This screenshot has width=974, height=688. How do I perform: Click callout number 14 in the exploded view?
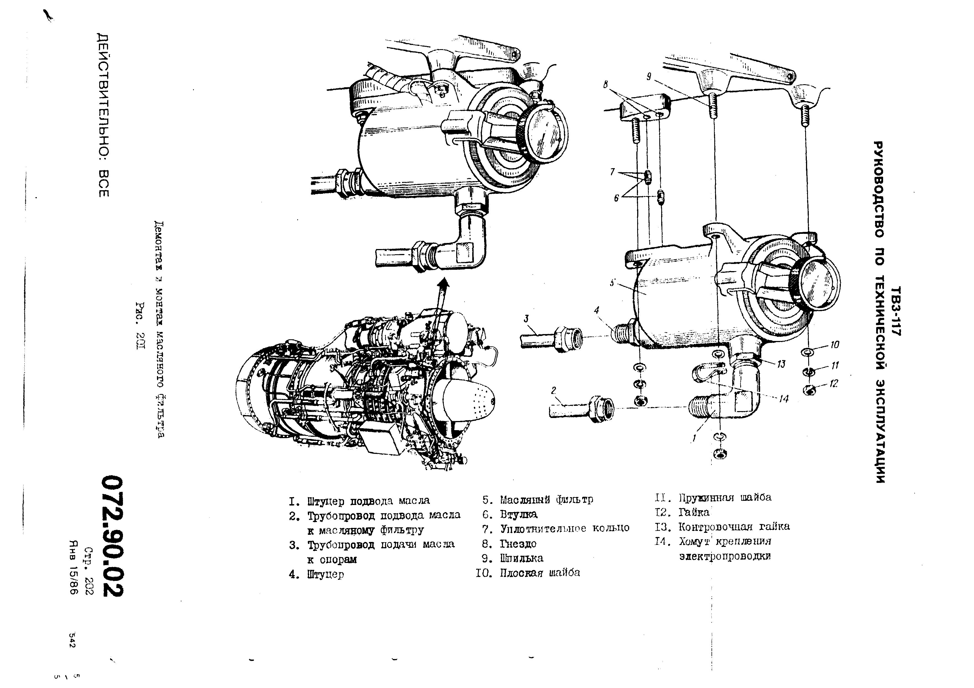pyautogui.click(x=784, y=398)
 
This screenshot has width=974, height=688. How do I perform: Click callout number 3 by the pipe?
pyautogui.click(x=526, y=318)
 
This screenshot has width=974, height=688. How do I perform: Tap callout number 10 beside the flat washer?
pyautogui.click(x=835, y=345)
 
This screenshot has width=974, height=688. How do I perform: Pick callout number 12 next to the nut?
pyautogui.click(x=834, y=383)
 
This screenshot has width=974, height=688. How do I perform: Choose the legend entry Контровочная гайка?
pyautogui.click(x=734, y=526)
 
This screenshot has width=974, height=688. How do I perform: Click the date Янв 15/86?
pyautogui.click(x=75, y=568)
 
